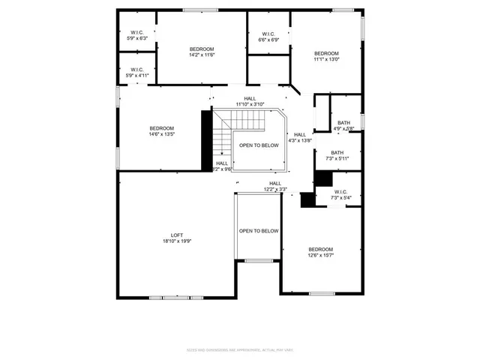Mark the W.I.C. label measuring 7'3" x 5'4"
click(x=340, y=193)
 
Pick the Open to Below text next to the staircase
click(x=259, y=145)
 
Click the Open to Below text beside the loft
click(x=259, y=231)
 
